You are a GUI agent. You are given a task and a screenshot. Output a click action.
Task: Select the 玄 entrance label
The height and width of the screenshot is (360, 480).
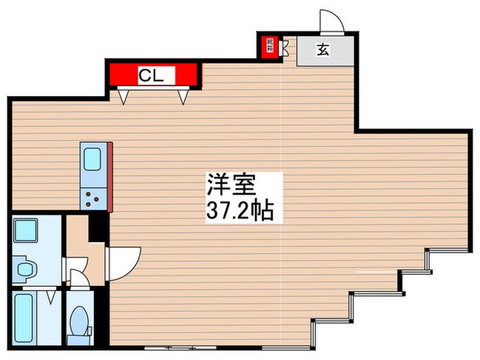tap(322, 49)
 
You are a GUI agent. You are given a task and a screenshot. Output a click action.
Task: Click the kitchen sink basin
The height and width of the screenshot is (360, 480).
tap(92, 160)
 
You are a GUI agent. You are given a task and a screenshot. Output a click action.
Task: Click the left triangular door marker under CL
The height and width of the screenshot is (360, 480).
tap(123, 97)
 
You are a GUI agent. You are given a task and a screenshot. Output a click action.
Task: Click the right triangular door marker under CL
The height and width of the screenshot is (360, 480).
tap(182, 97)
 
